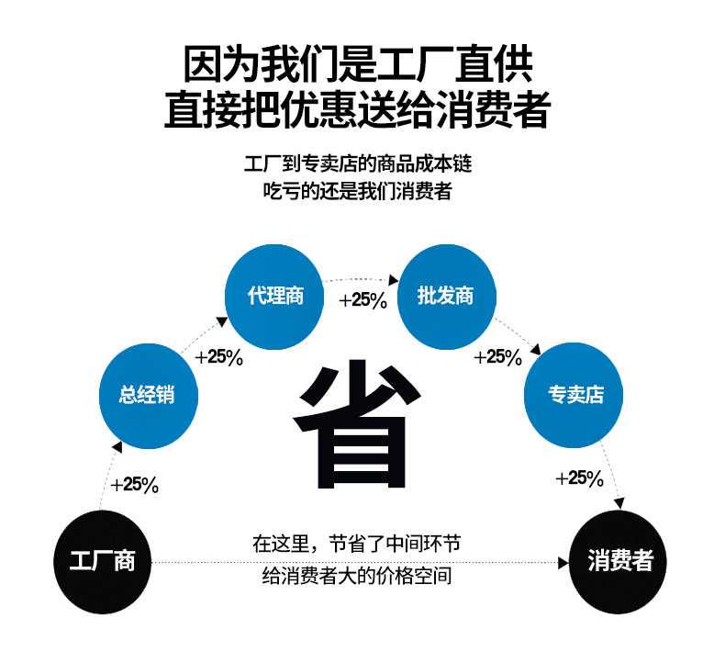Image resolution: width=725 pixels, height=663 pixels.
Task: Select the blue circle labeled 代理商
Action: pos(275,296)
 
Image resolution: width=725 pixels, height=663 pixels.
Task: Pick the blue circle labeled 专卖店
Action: pos(575,395)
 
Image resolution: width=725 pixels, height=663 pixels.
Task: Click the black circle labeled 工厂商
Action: pos(103,561)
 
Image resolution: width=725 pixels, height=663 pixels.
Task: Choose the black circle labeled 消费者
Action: pos(619,561)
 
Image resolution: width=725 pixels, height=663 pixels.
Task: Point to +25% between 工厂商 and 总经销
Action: pos(134,485)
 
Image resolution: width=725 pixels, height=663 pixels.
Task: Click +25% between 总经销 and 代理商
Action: pos(219,356)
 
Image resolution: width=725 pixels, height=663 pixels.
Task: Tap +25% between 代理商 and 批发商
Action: pos(362,300)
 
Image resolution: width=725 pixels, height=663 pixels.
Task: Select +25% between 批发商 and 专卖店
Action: pos(497,356)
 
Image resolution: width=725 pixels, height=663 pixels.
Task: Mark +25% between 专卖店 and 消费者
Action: pos(579,478)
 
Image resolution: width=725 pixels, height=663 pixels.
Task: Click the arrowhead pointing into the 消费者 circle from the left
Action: pos(563,561)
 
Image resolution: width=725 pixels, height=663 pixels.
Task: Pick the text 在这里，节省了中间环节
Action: pos(357,543)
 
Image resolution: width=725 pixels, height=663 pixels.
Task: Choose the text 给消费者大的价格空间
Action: pos(357,577)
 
